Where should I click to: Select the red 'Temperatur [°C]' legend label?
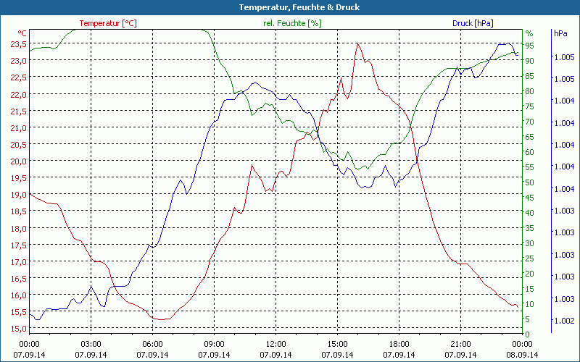click(x=108, y=23)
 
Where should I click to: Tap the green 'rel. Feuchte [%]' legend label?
click(x=292, y=23)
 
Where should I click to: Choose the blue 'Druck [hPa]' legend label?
click(x=473, y=23)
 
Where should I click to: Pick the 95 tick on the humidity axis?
click(x=530, y=45)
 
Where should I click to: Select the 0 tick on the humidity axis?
click(x=528, y=334)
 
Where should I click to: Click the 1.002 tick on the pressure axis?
click(x=563, y=321)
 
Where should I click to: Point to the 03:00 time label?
click(x=91, y=344)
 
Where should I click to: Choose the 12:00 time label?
click(x=275, y=344)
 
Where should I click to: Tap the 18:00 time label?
click(x=399, y=344)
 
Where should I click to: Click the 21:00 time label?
click(x=460, y=344)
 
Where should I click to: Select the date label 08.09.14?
click(x=522, y=355)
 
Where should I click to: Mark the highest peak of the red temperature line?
click(x=357, y=43)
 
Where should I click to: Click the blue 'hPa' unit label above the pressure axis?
click(x=560, y=33)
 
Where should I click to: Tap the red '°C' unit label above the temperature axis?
click(x=22, y=33)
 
